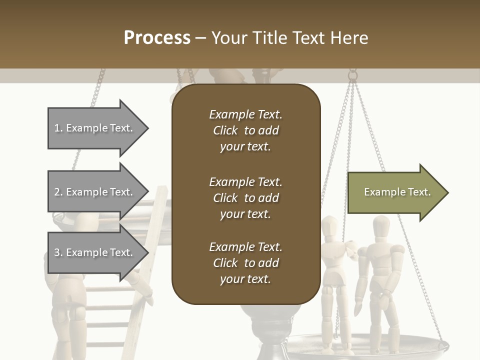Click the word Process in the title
[157, 38]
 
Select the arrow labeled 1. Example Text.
[95, 128]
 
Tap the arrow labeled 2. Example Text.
[95, 192]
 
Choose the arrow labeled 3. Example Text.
[95, 252]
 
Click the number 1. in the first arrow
[58, 128]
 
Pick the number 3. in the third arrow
[58, 252]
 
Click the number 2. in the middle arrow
[58, 192]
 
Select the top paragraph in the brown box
[245, 130]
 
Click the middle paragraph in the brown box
[245, 198]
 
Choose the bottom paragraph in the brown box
[245, 263]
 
